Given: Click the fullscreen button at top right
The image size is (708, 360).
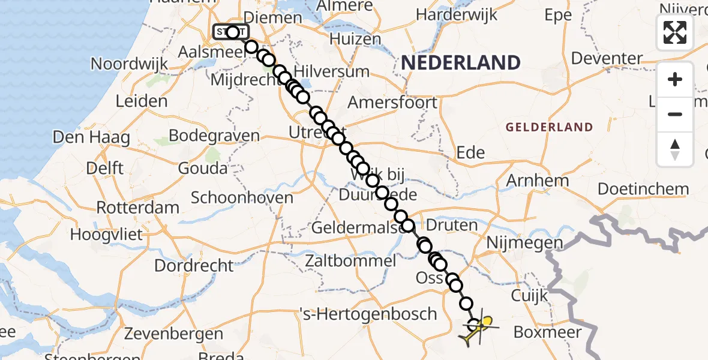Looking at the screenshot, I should point(675,32).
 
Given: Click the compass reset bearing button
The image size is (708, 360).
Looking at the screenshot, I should point(675,149).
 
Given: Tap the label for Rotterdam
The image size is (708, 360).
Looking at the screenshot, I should point(138,208).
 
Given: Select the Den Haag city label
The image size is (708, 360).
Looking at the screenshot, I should point(91,137).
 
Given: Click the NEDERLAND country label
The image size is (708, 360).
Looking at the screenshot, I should point(460,62).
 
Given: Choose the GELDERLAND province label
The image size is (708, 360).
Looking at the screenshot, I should point(549,127).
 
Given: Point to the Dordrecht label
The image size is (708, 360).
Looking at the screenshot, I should point(194,265).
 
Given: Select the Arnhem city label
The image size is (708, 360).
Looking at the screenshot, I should point(538,181).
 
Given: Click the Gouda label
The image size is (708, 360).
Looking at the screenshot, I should point(203,167).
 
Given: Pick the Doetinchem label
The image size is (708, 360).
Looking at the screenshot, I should point(643,189).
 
